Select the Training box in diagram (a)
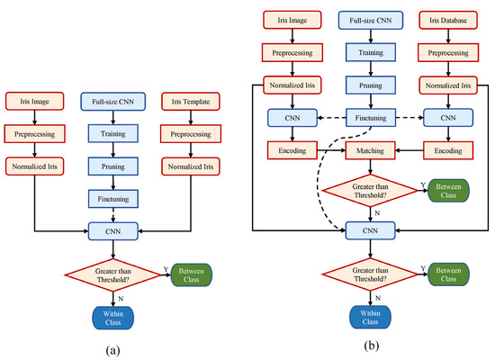(x=112, y=134)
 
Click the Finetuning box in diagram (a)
(x=112, y=198)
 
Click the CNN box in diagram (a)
(x=112, y=230)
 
